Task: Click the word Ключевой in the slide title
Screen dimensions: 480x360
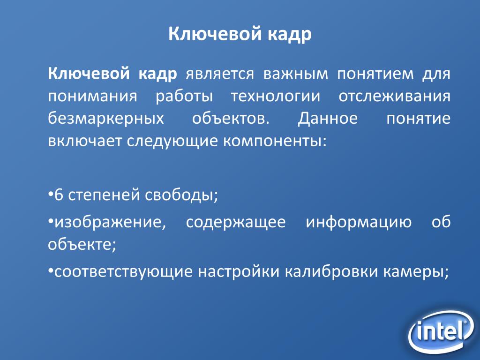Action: click(x=215, y=33)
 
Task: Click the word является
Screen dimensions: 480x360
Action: click(x=220, y=74)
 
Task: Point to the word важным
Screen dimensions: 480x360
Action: click(x=295, y=74)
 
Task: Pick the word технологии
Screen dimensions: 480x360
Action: click(x=276, y=97)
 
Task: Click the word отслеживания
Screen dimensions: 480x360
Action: click(x=394, y=97)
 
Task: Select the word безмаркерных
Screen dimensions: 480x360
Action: click(x=106, y=119)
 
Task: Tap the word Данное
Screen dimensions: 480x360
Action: click(x=328, y=118)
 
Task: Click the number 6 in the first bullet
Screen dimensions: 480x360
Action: click(x=59, y=195)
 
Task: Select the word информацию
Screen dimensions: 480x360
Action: click(x=359, y=223)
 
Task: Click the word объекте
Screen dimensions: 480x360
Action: click(x=82, y=244)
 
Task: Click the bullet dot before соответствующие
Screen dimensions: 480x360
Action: click(x=51, y=271)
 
